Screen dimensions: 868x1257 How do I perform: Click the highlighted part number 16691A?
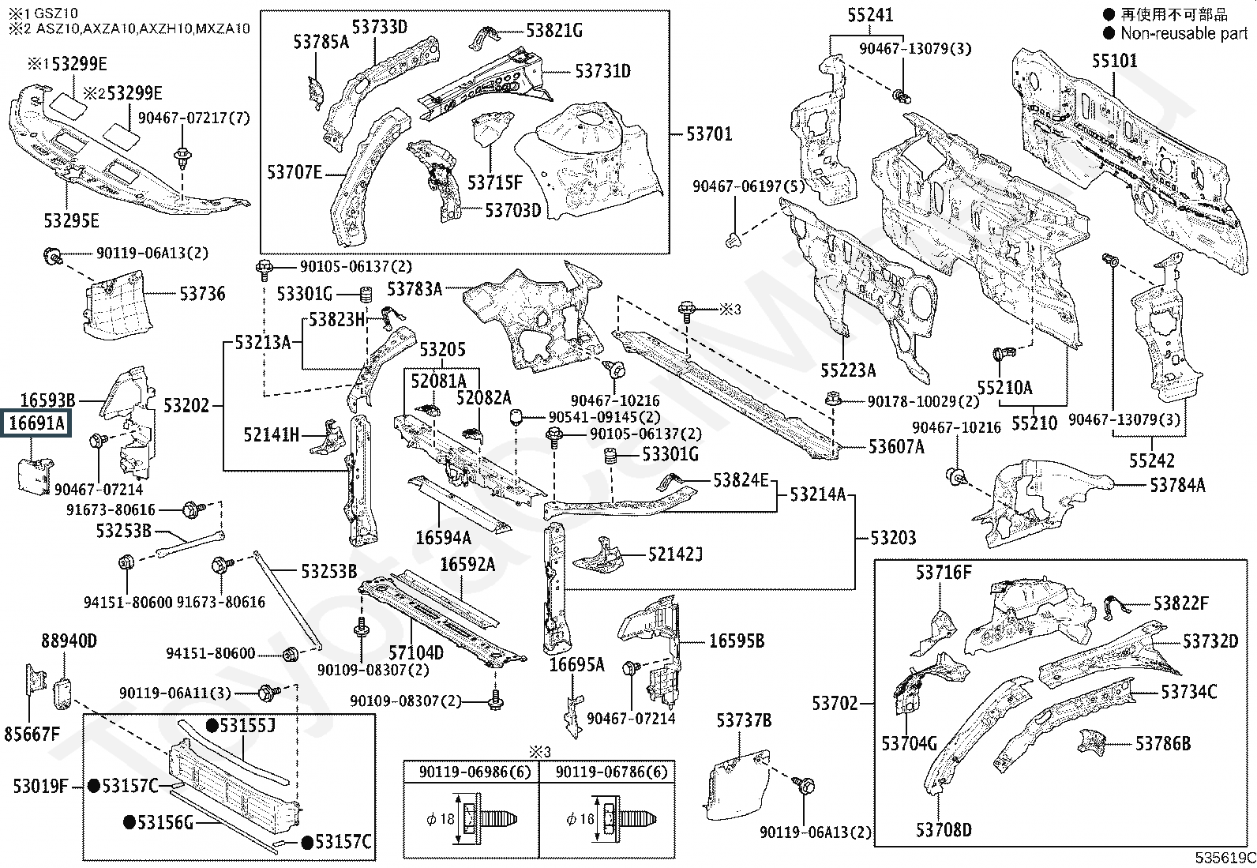point(37,424)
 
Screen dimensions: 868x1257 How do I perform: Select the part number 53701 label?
point(709,133)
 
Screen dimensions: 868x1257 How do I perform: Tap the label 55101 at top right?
point(1115,61)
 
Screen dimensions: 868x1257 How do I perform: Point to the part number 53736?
point(202,294)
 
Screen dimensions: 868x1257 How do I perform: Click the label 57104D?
point(415,652)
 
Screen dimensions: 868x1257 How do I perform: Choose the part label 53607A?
point(896,447)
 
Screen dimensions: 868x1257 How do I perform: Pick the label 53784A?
point(1177,485)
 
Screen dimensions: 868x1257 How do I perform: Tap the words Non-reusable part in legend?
point(1184,33)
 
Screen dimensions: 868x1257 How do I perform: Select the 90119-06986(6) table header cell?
point(471,772)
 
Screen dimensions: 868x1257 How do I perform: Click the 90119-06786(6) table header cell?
point(606,772)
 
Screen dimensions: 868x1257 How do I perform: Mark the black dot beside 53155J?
point(212,725)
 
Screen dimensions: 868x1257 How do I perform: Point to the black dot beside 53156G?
point(129,822)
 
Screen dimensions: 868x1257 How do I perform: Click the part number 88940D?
point(69,641)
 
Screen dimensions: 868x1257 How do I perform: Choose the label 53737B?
point(744,720)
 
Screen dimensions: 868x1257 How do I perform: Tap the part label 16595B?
point(737,641)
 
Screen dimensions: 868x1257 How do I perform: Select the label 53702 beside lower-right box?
point(834,702)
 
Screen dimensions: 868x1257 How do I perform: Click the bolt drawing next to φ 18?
point(490,819)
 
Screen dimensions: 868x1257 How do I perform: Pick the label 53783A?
point(415,289)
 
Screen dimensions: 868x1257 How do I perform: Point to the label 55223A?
point(848,370)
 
